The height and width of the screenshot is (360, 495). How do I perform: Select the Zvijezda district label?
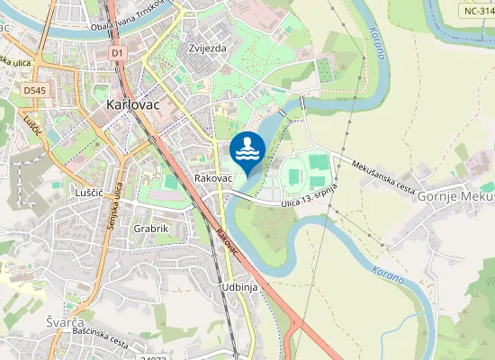click(208, 48)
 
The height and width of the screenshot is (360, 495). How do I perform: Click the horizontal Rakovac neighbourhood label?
click(213, 179)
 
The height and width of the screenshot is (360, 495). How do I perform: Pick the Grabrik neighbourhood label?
click(151, 229)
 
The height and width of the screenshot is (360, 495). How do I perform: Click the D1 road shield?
click(118, 53)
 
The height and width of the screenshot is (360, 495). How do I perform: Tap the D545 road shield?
click(35, 91)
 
